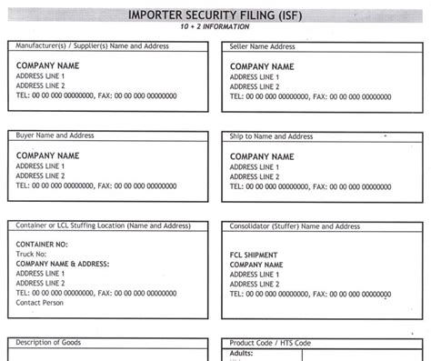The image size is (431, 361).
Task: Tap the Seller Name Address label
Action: (264, 45)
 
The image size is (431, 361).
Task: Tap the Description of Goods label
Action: (48, 342)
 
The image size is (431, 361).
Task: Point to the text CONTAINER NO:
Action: (42, 244)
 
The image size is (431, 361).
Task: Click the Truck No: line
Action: (35, 254)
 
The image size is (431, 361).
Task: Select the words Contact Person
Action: (42, 303)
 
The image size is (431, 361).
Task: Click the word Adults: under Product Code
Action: (242, 352)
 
